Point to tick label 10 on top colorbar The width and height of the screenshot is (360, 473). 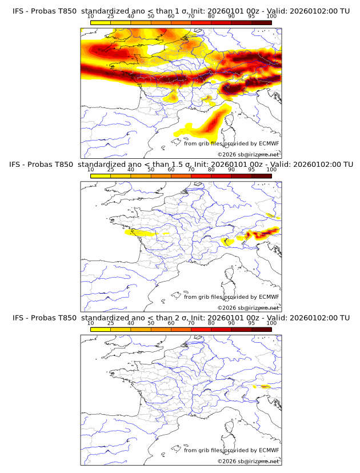coord(90,17)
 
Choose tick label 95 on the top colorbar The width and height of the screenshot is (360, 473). coord(251,17)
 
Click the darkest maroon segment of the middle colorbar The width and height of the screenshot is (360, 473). coord(261,176)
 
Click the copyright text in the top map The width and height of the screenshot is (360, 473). coord(248,154)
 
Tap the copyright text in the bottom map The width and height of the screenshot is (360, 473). coord(248,461)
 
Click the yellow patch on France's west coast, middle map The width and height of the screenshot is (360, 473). coord(140,233)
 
